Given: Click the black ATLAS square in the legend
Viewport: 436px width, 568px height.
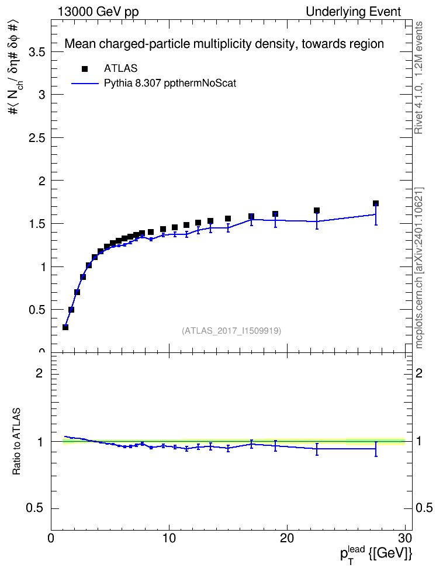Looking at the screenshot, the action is click(x=85, y=69).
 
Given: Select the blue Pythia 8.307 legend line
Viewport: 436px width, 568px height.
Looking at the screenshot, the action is click(x=85, y=84).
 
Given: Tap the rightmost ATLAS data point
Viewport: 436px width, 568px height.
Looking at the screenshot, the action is click(x=376, y=203).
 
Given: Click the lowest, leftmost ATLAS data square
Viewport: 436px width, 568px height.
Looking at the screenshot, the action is click(x=65, y=327).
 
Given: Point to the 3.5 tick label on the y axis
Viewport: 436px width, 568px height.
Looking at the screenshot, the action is click(x=37, y=52).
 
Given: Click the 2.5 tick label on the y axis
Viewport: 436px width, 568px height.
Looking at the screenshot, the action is click(x=37, y=138).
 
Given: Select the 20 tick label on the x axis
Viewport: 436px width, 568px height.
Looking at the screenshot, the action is click(x=287, y=538).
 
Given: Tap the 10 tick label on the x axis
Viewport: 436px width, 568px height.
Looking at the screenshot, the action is click(x=169, y=538).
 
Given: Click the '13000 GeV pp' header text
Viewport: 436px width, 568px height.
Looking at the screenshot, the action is click(x=98, y=12).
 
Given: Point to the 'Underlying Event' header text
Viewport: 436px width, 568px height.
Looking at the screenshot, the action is click(x=354, y=12).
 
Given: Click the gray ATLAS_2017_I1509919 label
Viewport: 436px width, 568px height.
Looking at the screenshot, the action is click(x=231, y=331).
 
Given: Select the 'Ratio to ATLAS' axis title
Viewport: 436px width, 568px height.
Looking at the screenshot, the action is click(x=16, y=442).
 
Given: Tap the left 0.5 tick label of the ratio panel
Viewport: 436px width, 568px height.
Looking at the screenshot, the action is click(x=35, y=508).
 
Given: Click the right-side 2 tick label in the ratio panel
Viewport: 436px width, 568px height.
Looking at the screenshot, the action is click(x=419, y=373).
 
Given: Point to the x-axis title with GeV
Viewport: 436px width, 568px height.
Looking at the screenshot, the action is click(x=376, y=553).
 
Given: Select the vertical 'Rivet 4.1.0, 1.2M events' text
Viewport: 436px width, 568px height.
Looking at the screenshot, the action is click(x=418, y=78).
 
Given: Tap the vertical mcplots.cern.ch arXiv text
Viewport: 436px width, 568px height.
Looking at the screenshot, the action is click(x=419, y=268).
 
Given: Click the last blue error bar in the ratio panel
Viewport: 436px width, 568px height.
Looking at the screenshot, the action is click(x=376, y=449).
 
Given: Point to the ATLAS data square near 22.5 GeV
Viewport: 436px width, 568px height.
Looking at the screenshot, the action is click(x=317, y=210).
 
